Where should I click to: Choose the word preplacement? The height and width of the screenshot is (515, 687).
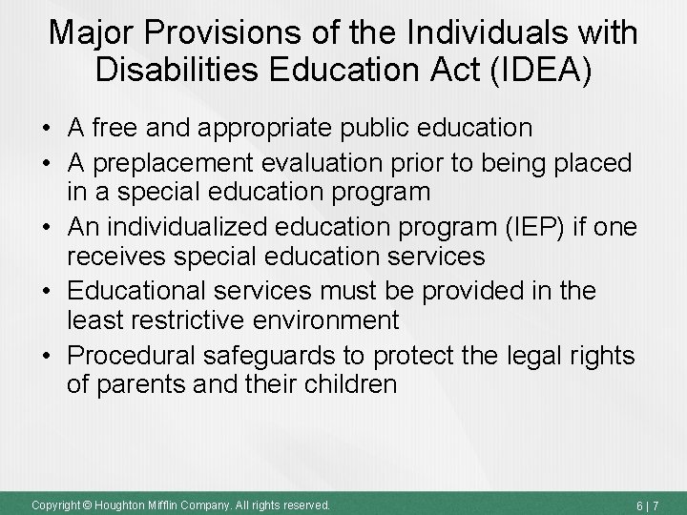(171, 163)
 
